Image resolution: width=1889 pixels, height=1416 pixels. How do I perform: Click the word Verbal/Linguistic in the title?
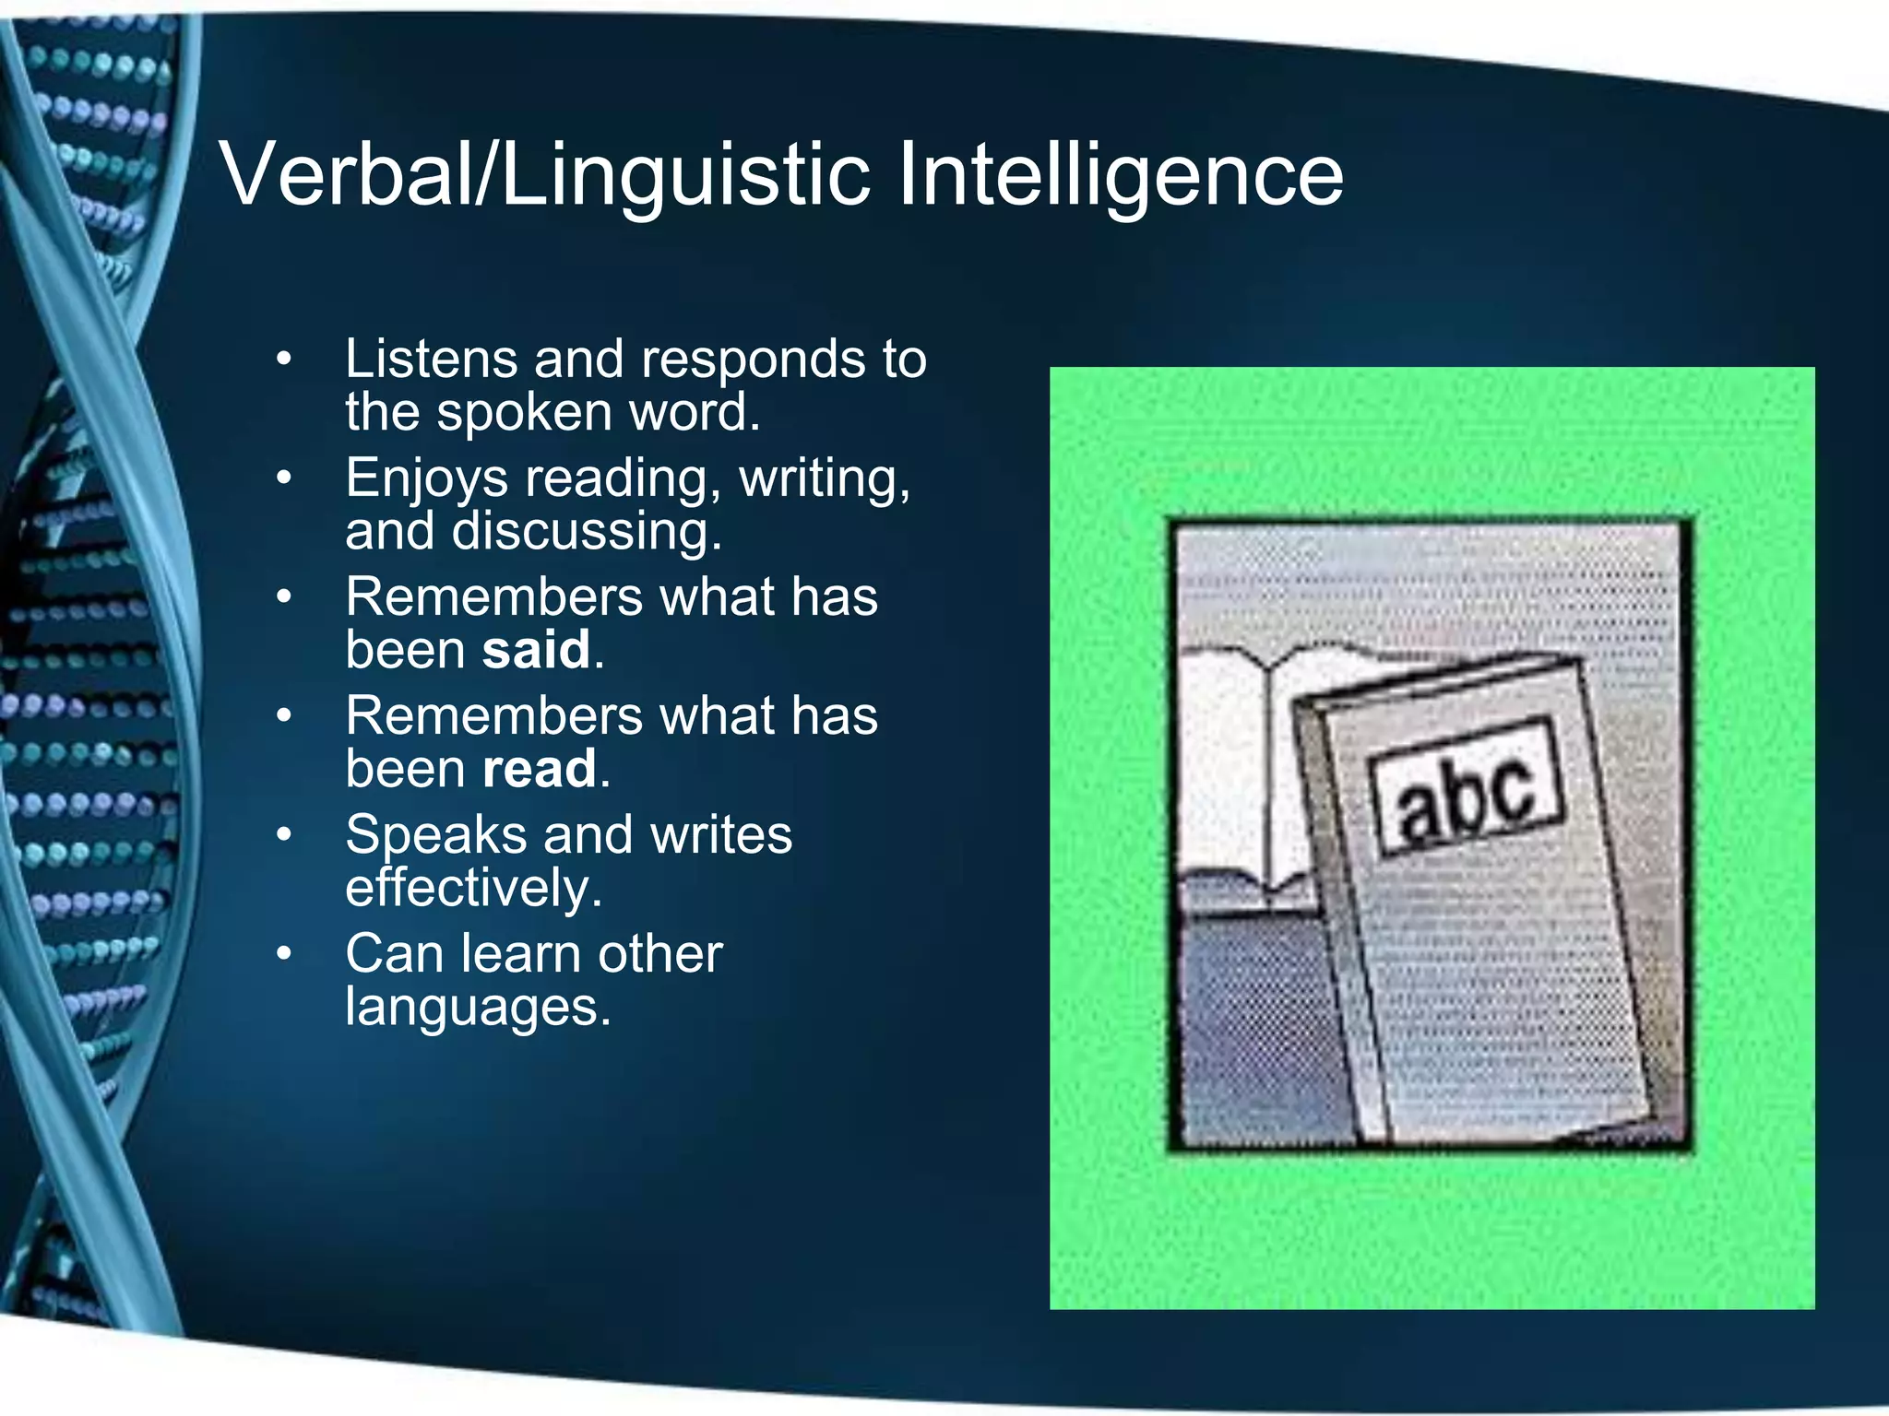point(544,175)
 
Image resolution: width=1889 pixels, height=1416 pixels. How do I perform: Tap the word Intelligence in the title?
point(1120,175)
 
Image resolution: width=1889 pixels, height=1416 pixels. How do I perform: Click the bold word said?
point(536,650)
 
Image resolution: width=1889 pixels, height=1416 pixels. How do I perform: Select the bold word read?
point(540,769)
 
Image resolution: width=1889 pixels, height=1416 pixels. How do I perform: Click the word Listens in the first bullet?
point(431,359)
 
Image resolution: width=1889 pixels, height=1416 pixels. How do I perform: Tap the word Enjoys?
point(427,479)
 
